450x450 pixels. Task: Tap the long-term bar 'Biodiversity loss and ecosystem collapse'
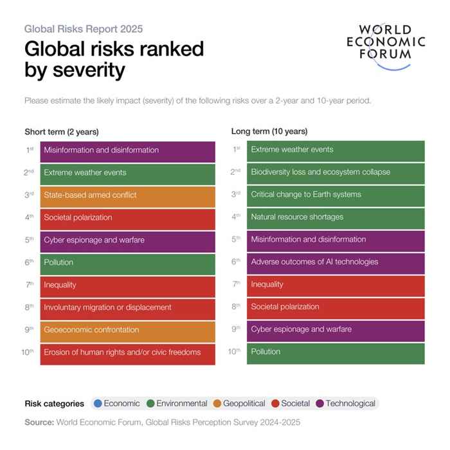point(335,172)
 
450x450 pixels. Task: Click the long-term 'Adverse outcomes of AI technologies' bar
point(335,262)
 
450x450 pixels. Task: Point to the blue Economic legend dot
point(98,404)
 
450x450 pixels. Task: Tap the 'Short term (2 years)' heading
point(62,132)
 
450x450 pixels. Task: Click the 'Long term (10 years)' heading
point(269,132)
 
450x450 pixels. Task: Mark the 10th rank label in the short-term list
point(27,352)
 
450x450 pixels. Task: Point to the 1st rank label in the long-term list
point(236,150)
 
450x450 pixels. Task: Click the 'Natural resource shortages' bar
point(335,217)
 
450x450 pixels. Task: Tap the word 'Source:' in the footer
point(39,423)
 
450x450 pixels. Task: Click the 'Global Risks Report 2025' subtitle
point(84,29)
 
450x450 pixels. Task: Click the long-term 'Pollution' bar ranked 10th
point(335,352)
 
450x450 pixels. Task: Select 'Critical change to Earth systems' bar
point(335,195)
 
